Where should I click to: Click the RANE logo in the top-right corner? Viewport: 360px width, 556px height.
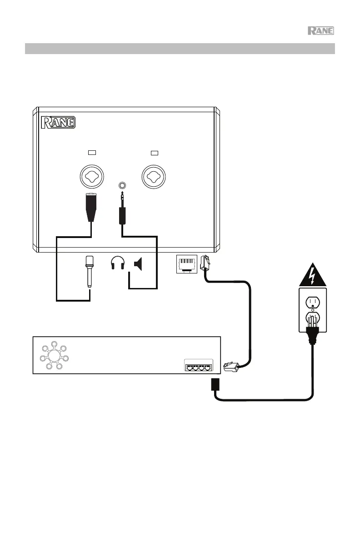pos(321,31)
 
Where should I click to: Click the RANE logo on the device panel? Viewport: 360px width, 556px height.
pos(58,123)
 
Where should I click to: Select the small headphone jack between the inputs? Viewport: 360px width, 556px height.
pos(122,185)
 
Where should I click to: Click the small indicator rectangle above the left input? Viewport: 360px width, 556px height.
pos(92,152)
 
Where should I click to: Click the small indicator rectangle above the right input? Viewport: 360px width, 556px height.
pos(154,152)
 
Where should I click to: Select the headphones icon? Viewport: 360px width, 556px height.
pos(118,264)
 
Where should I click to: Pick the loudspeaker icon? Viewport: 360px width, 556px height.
pos(138,264)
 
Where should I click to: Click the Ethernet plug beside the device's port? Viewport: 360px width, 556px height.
pos(204,263)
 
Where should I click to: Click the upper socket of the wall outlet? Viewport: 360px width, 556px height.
pos(312,301)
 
